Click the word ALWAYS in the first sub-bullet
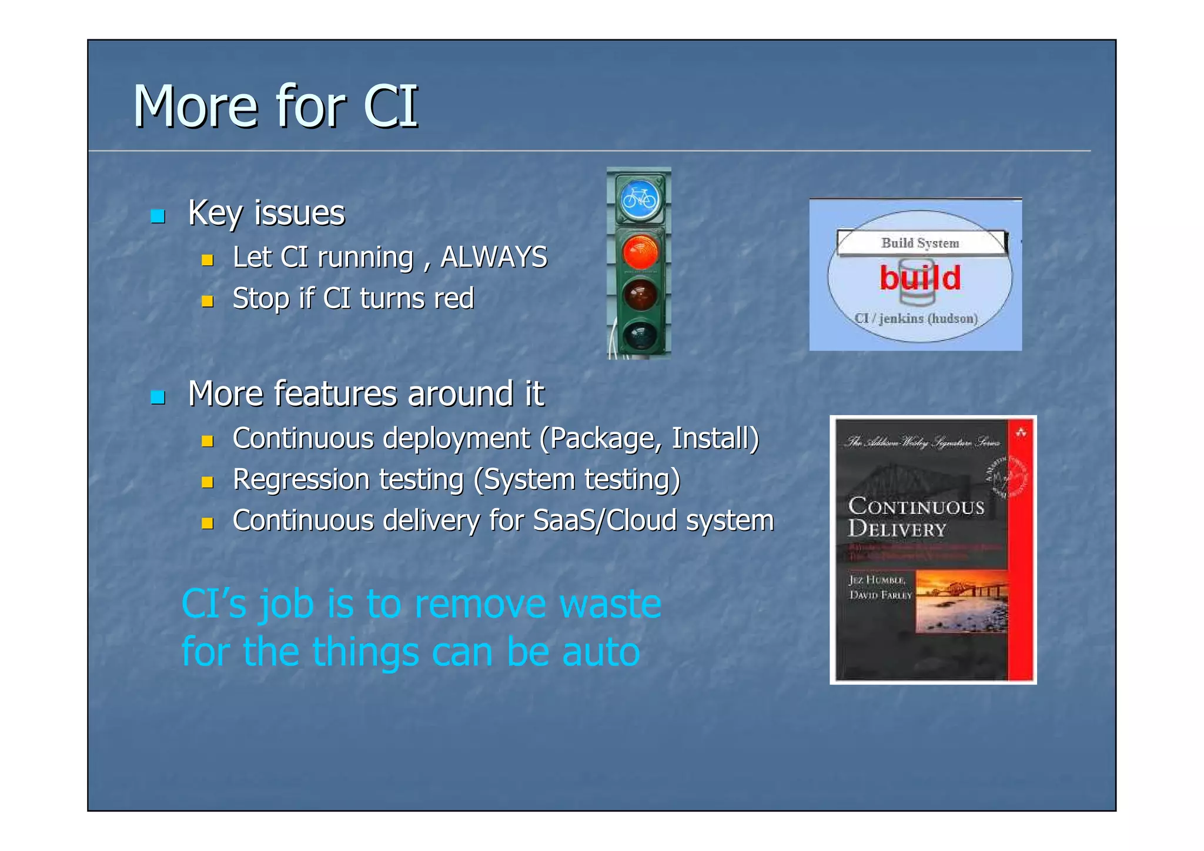click(x=494, y=257)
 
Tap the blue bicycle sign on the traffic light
click(x=640, y=200)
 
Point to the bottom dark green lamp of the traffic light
click(x=640, y=335)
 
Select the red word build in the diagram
click(x=920, y=278)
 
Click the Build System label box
click(x=921, y=243)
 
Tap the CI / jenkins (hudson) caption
click(x=916, y=318)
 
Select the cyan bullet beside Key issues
click(x=158, y=216)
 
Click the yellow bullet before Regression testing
click(x=207, y=482)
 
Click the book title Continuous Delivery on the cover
click(x=915, y=517)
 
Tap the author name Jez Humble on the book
click(x=877, y=580)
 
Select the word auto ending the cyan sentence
click(x=600, y=652)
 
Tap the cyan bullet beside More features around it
click(x=158, y=397)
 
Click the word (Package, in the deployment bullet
click(x=600, y=439)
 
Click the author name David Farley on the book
click(x=880, y=595)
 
